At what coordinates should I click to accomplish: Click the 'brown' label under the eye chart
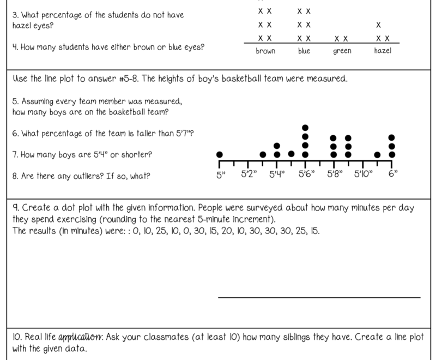coord(266,51)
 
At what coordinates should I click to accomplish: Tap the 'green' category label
coord(342,51)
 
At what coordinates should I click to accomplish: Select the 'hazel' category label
coord(383,51)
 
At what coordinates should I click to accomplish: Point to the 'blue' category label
coord(304,51)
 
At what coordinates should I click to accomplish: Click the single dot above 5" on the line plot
coord(220,154)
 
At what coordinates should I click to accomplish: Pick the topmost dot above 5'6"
coord(305,128)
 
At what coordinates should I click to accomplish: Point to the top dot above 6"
coord(391,137)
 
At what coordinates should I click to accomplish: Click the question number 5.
coord(14,102)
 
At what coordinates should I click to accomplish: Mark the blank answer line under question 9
coord(319,297)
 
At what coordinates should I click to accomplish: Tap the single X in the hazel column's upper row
coord(378,25)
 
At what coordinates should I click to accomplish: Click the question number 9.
coord(15,208)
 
